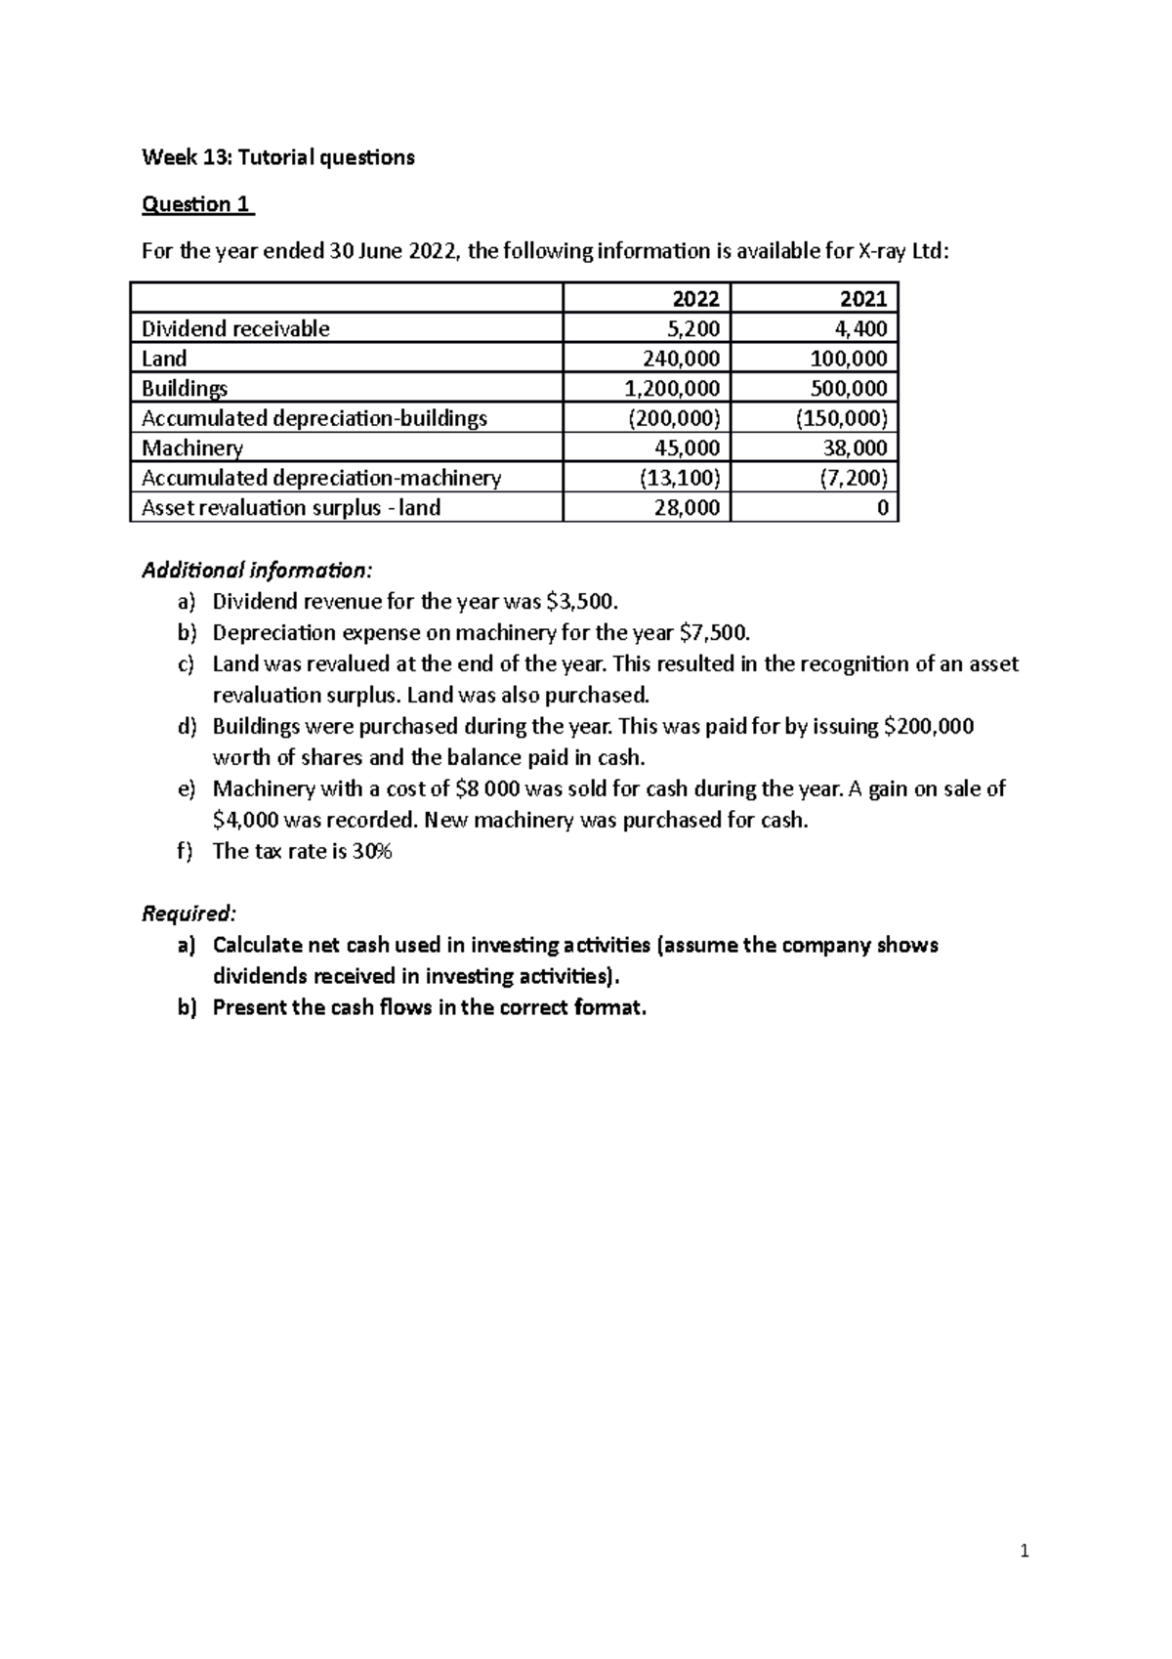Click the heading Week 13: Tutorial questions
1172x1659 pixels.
[x=277, y=157]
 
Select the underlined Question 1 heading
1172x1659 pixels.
[x=197, y=204]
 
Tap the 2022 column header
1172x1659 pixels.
[x=695, y=298]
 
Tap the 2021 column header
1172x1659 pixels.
[x=862, y=298]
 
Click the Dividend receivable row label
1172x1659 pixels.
[x=235, y=328]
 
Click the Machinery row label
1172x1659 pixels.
[x=192, y=448]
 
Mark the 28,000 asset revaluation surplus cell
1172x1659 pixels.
[x=688, y=507]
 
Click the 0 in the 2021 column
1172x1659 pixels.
[x=881, y=508]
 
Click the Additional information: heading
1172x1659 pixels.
[x=257, y=570]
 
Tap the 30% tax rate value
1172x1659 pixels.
[x=372, y=851]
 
